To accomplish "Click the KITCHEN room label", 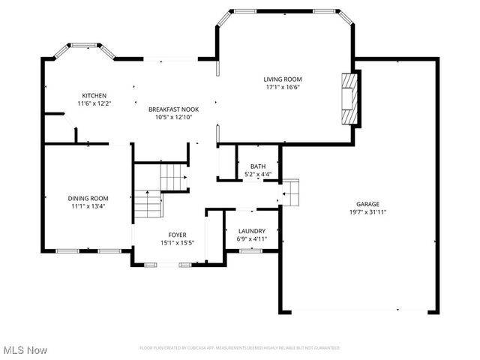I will coord(94,96).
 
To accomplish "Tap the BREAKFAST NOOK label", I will coord(173,109).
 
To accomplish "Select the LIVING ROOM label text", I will coord(282,79).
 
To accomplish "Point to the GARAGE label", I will coord(367,204).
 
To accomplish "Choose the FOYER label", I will coord(177,235).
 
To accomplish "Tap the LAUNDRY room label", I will coord(251,231).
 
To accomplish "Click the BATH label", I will coord(258,166).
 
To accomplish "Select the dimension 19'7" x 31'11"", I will coord(367,212).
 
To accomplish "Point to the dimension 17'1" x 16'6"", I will coord(282,87).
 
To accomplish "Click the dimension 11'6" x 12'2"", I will coord(94,104).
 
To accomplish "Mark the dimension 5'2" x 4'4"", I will coord(258,175).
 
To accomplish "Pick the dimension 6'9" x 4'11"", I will coord(251,239).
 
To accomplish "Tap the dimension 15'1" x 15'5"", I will coord(177,243).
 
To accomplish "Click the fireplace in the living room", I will coord(347,97).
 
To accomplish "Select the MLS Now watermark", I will coord(25,350).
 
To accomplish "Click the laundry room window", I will coord(250,251).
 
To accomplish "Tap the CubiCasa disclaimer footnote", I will coord(240,348).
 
